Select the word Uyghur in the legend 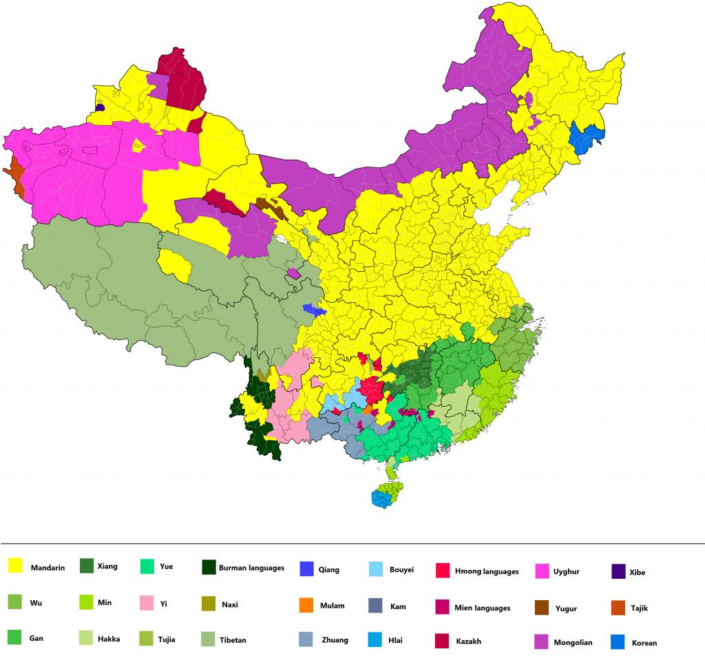click(x=566, y=571)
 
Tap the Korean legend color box click(x=618, y=641)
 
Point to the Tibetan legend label click(x=233, y=640)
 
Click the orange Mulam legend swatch click(x=307, y=606)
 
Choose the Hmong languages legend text click(x=487, y=571)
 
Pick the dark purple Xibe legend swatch click(x=618, y=571)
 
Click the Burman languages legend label click(x=251, y=568)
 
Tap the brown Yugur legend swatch click(x=542, y=607)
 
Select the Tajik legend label click(x=639, y=608)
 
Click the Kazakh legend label click(x=468, y=641)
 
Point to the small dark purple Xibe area click(x=100, y=107)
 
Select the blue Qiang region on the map click(x=313, y=310)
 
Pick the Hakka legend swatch click(x=87, y=637)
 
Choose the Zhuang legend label click(x=335, y=640)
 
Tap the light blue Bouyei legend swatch click(x=376, y=569)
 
